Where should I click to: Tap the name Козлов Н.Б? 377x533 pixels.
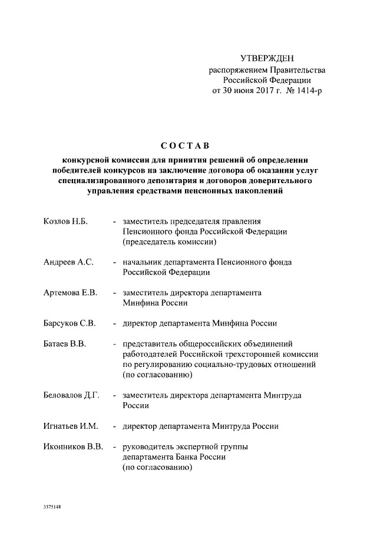[x=65, y=221]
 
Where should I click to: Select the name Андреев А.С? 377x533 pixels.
[x=68, y=262]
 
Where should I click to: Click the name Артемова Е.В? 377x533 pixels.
[x=70, y=293]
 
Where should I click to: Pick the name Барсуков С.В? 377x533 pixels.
[x=70, y=323]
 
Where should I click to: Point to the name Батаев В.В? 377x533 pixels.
[x=65, y=344]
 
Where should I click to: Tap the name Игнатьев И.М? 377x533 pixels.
[x=71, y=426]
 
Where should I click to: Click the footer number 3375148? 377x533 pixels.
[x=52, y=506]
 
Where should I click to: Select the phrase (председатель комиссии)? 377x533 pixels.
[x=170, y=241]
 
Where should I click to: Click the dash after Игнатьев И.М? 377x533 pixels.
[x=114, y=426]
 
